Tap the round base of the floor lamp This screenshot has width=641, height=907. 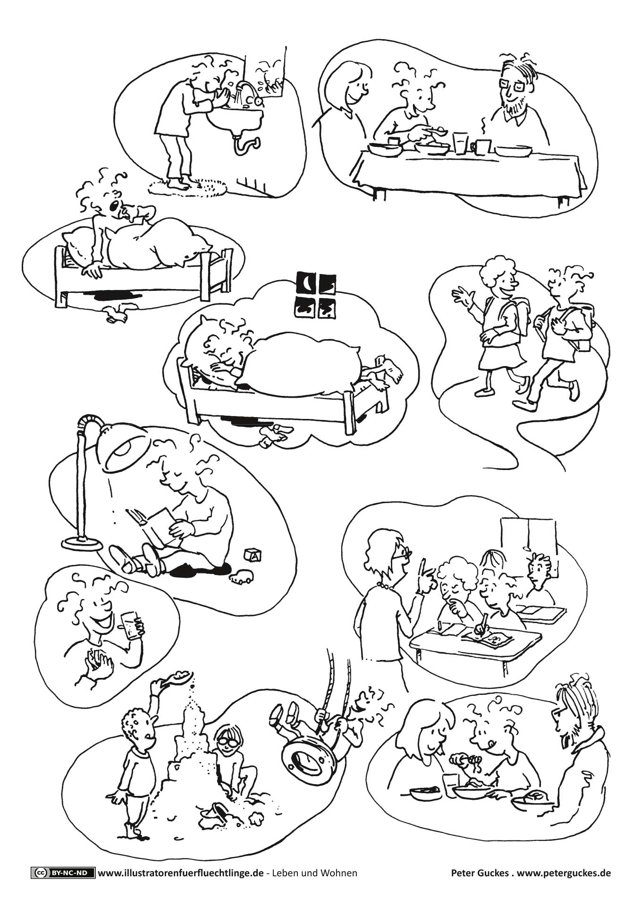(82, 543)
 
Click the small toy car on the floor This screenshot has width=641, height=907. (240, 577)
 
